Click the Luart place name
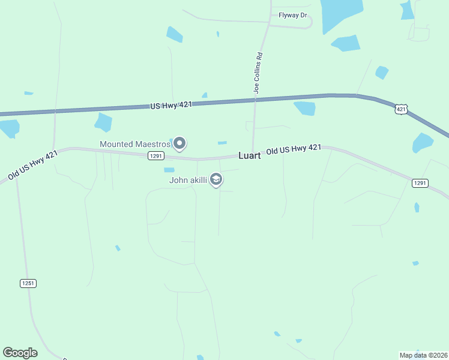pos(249,155)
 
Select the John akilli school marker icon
pos(217,179)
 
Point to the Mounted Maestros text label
pos(135,144)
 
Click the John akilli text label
pos(188,179)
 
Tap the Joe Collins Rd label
pos(257,73)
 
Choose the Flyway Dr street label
pos(292,16)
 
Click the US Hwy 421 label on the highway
pos(171,105)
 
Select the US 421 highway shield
pos(402,109)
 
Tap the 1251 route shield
pos(28,283)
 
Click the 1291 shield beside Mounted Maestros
pos(155,155)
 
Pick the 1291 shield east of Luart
pos(420,183)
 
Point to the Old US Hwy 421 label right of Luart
pos(294,149)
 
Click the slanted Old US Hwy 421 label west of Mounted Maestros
pos(33,165)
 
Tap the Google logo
pos(20,353)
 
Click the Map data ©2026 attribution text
pos(423,355)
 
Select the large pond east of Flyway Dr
pos(341,13)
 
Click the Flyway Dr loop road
pos(309,23)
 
